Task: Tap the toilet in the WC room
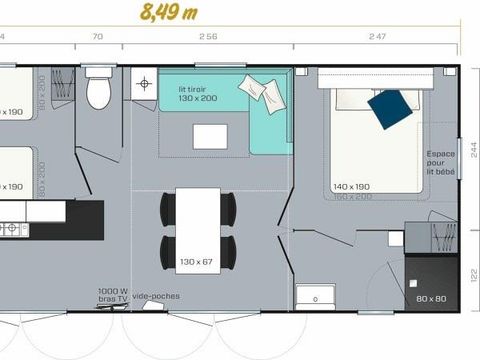[97, 91]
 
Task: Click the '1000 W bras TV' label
[112, 296]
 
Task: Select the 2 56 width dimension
[207, 36]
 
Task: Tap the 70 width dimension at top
[97, 36]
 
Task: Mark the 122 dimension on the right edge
[473, 274]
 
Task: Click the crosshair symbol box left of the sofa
[145, 82]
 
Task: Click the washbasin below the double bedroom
[318, 297]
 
